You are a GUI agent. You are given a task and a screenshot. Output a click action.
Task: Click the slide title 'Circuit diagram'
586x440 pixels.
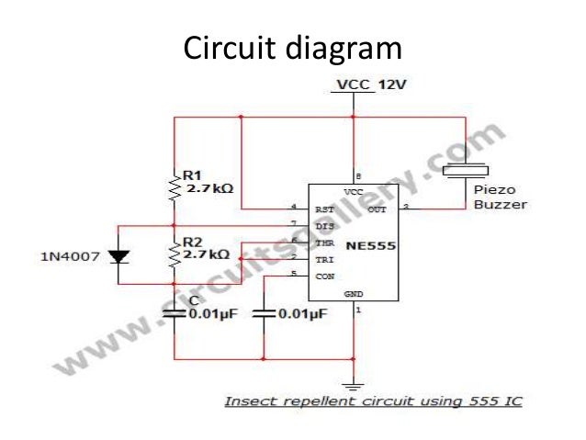pyautogui.click(x=293, y=47)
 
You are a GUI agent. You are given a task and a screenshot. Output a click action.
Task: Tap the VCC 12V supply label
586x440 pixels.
pyautogui.click(x=371, y=85)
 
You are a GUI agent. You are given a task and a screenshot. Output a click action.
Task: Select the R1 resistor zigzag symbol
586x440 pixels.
pyautogui.click(x=174, y=186)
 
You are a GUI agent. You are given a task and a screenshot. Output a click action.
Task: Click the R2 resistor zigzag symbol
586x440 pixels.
pyautogui.click(x=174, y=252)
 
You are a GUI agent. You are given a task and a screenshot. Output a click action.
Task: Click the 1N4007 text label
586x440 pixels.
pyautogui.click(x=69, y=255)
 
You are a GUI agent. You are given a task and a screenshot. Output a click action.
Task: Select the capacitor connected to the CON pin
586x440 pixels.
pyautogui.click(x=264, y=313)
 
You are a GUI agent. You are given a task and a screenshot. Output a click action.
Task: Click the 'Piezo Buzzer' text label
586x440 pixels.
pyautogui.click(x=500, y=197)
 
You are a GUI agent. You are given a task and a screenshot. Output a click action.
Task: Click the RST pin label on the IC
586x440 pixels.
pyautogui.click(x=323, y=209)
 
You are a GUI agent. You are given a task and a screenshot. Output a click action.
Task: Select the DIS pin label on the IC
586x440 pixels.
pyautogui.click(x=323, y=225)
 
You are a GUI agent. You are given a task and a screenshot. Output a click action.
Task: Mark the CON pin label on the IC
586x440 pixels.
pyautogui.click(x=323, y=275)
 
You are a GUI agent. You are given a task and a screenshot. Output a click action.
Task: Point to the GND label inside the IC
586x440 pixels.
pyautogui.click(x=354, y=294)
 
